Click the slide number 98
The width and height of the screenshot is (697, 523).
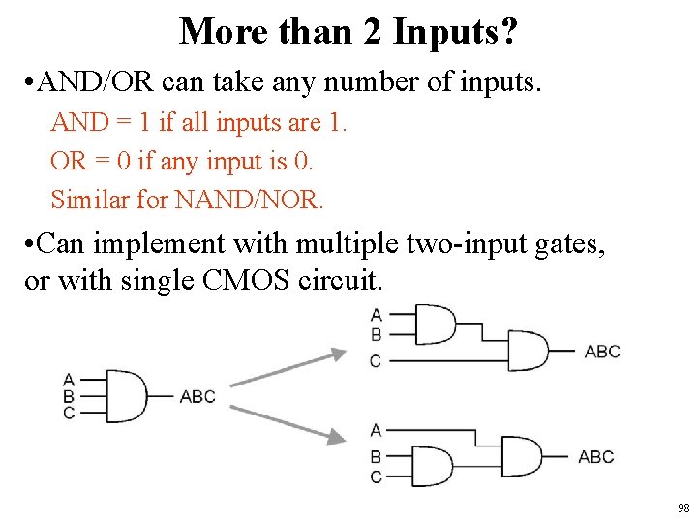click(683, 508)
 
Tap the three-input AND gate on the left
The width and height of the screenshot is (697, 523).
click(125, 395)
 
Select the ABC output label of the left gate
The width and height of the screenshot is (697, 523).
click(197, 396)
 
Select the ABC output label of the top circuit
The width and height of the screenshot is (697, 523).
click(602, 351)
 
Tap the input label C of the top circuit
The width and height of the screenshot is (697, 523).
click(376, 361)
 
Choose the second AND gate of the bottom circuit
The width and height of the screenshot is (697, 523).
click(522, 455)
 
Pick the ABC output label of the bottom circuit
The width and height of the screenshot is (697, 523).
click(595, 456)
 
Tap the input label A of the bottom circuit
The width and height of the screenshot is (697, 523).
click(376, 430)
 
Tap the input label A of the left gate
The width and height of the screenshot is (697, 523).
click(69, 380)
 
